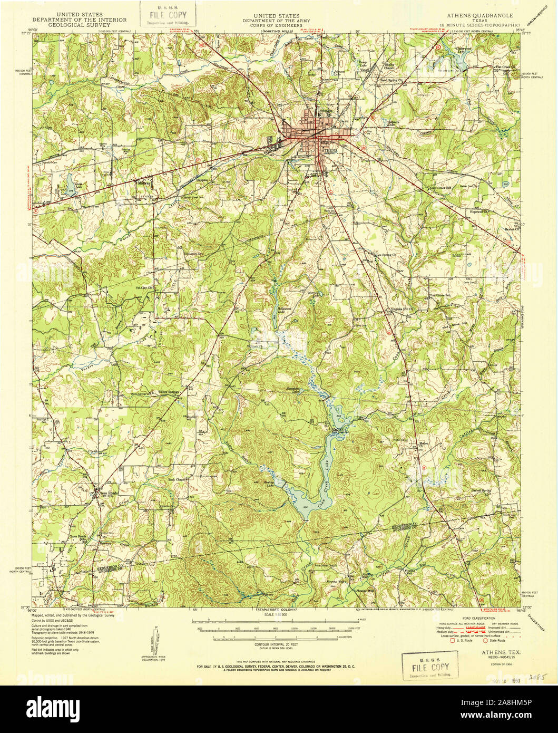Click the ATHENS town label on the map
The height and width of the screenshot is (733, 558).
pyautogui.click(x=328, y=150)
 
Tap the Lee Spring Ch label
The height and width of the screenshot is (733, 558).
pyautogui.click(x=385, y=254)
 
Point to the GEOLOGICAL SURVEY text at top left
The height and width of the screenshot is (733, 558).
pyautogui.click(x=80, y=25)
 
